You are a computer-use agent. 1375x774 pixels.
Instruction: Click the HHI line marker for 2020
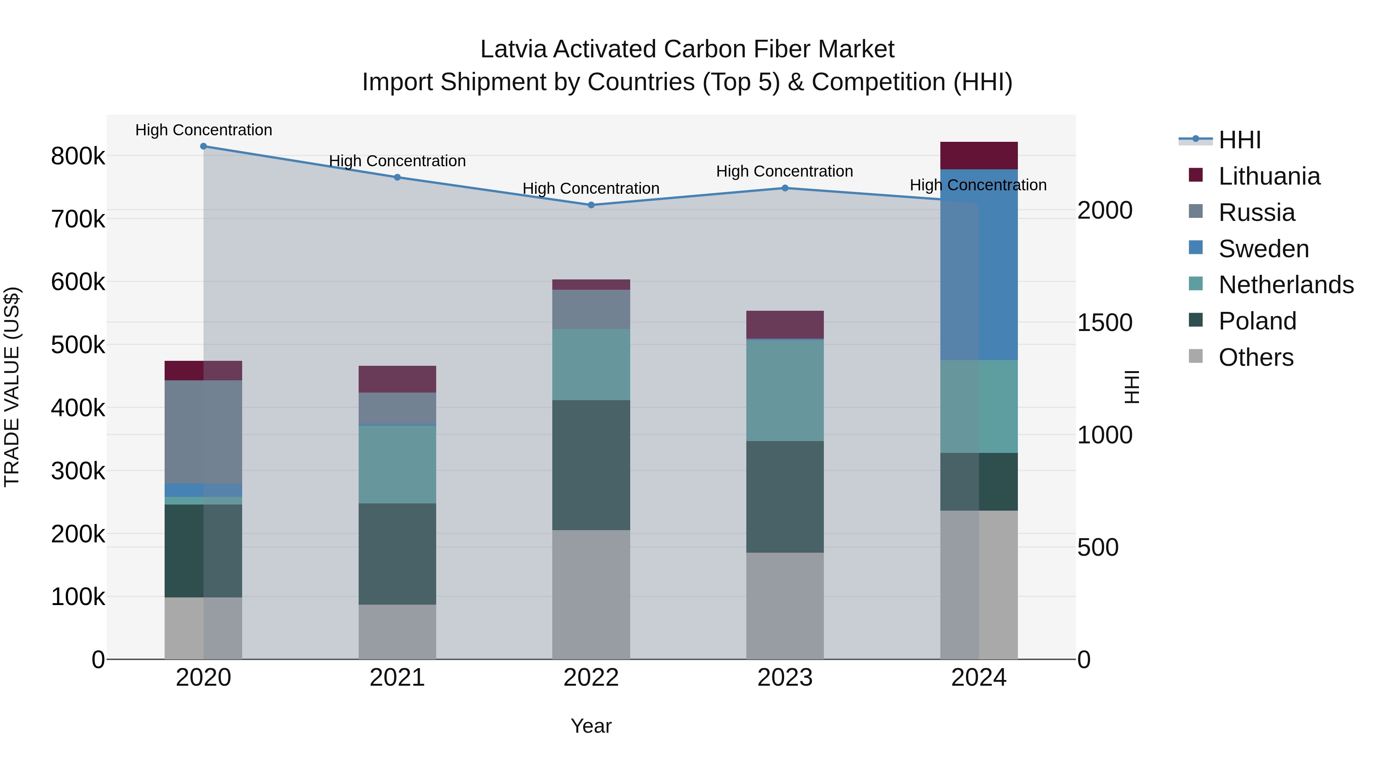(203, 146)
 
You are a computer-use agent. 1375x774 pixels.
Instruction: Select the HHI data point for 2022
(591, 205)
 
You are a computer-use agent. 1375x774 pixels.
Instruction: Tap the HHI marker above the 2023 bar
(785, 188)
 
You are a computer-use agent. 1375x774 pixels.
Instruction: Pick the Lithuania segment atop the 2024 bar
(979, 156)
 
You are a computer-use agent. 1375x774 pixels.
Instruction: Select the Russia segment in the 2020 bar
(203, 432)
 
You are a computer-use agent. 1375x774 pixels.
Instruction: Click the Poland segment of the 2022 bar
(591, 465)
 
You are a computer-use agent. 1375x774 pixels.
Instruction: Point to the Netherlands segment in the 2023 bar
(785, 390)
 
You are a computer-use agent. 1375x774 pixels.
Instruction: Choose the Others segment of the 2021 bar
(397, 631)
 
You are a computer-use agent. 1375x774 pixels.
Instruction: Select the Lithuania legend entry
(1269, 176)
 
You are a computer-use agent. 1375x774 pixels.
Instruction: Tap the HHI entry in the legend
(1239, 140)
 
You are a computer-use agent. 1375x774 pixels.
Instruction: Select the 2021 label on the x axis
(397, 678)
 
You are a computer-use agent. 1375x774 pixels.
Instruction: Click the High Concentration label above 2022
(591, 188)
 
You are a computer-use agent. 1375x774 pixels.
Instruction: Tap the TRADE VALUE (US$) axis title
(12, 387)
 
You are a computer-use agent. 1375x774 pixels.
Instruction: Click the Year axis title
(591, 726)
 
